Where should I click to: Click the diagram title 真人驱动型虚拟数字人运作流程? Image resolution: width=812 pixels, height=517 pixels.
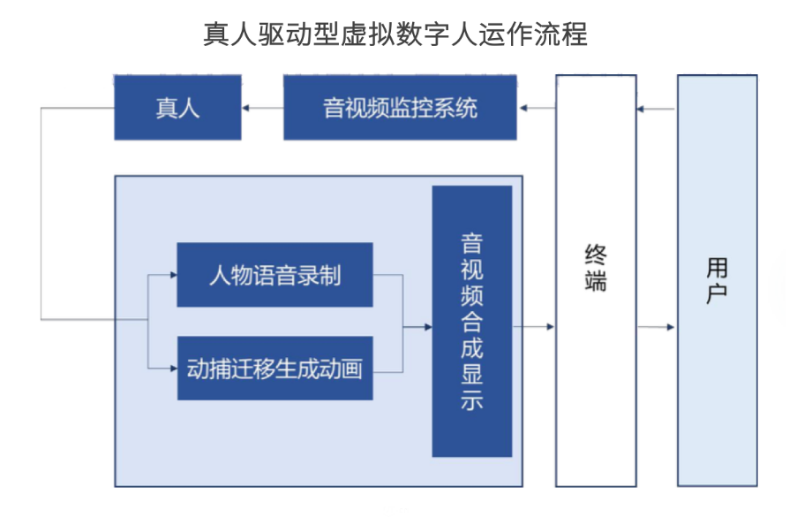395,34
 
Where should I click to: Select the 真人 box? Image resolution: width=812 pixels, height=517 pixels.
177,108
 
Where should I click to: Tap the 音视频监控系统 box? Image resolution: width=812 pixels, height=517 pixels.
400,108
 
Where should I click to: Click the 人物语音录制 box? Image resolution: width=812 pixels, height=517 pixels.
274,275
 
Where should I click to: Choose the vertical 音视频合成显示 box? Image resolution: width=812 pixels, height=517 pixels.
471,321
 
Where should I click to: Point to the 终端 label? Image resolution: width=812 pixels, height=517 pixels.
596,267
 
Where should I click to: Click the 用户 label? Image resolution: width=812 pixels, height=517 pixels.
717,281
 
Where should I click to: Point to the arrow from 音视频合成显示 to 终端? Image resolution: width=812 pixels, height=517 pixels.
533,327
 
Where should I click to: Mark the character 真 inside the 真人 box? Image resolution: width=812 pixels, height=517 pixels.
166,108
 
